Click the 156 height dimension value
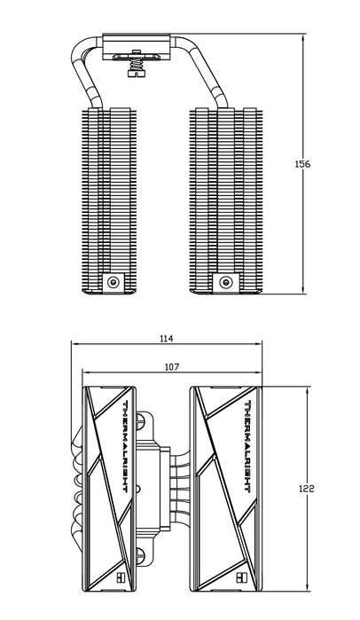[302, 164]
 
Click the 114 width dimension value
[167, 339]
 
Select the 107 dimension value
[171, 367]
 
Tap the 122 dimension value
[306, 489]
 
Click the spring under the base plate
[136, 63]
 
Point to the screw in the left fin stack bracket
[114, 282]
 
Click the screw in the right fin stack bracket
[226, 282]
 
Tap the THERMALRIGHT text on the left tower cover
[125, 447]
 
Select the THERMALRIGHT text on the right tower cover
[248, 447]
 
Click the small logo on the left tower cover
[120, 577]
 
